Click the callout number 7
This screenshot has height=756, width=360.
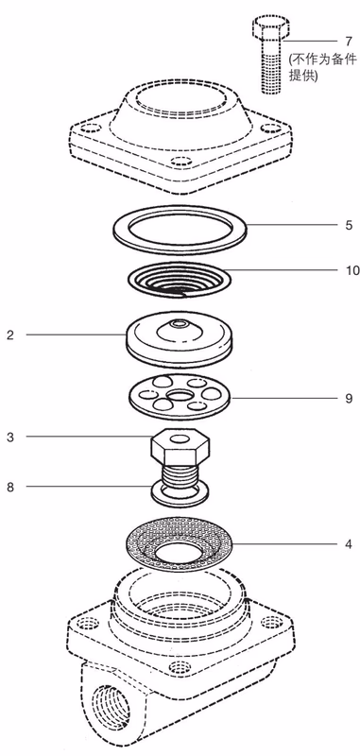coord(349,42)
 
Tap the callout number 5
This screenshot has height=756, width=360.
coord(349,225)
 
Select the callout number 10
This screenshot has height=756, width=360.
coord(352,270)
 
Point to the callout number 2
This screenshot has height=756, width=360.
coord(10,335)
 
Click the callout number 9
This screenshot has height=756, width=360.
coord(349,399)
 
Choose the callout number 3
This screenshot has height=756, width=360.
coord(10,438)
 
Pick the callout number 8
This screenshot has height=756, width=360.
coord(10,487)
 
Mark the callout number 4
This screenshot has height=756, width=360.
coord(349,544)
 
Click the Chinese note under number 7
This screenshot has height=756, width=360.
coord(323,67)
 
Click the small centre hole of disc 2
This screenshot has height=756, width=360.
coord(181,322)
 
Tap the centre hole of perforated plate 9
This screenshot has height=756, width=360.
coord(179,396)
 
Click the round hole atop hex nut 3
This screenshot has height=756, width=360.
coord(180,438)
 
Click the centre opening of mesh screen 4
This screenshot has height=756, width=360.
coord(179,550)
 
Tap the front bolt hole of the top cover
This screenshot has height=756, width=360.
coord(180,162)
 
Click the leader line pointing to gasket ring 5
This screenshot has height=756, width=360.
coord(292,225)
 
